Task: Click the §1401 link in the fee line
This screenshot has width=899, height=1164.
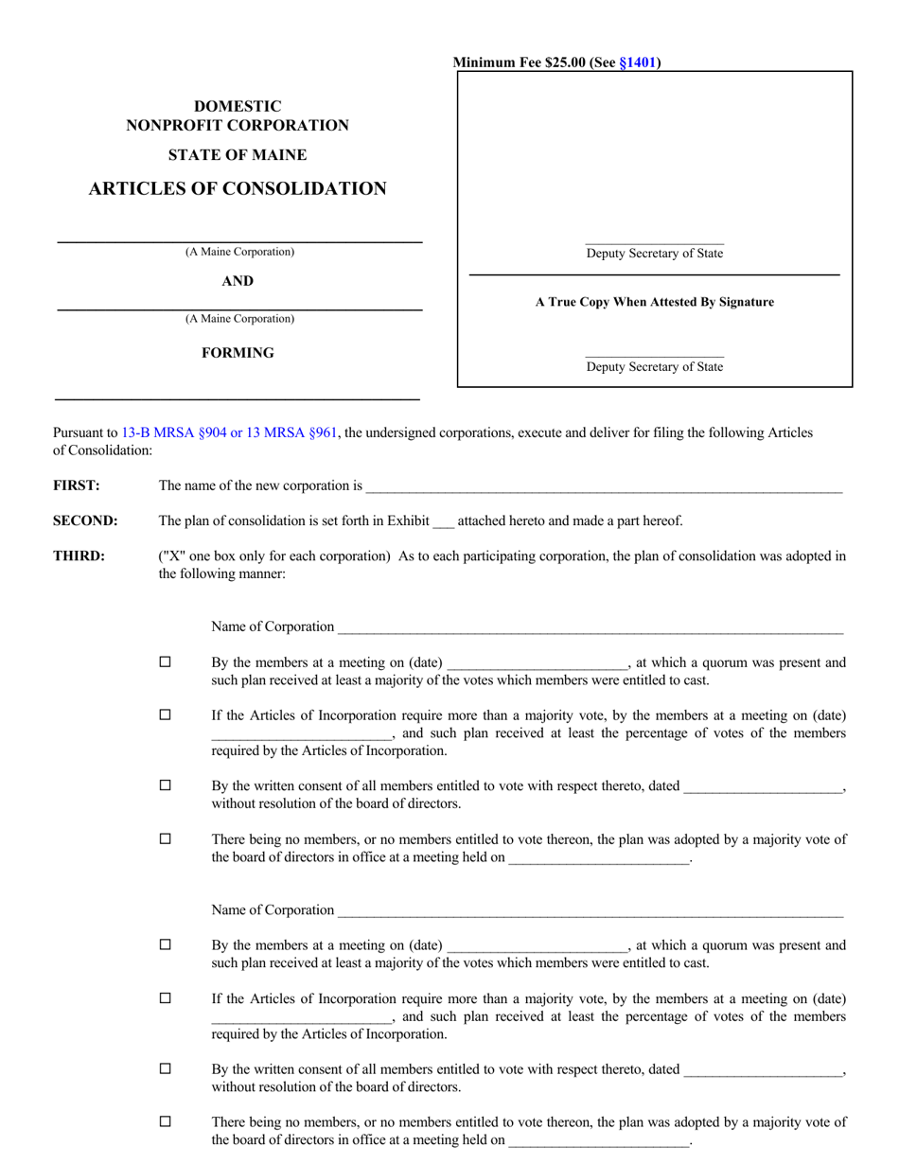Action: tap(638, 63)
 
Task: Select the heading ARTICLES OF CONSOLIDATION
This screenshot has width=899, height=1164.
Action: tap(238, 188)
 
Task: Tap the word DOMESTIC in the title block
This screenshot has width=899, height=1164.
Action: tap(238, 106)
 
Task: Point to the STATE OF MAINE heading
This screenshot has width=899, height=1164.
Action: tap(238, 154)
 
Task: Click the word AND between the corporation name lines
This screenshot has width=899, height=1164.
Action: tap(238, 281)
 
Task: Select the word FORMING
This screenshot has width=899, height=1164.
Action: tap(238, 353)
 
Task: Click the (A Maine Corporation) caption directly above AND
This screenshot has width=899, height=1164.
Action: tap(239, 252)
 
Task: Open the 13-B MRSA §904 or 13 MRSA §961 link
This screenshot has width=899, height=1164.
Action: tap(229, 432)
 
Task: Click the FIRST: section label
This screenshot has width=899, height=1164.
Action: tap(77, 485)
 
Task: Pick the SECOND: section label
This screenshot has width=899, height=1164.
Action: tap(85, 520)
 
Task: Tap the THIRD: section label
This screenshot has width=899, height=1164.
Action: tap(79, 556)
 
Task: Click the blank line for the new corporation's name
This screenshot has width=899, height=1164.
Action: tap(603, 487)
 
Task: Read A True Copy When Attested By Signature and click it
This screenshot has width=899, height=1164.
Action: tap(654, 302)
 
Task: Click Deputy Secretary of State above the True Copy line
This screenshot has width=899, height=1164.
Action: tap(654, 254)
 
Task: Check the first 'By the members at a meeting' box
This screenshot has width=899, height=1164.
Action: tap(166, 662)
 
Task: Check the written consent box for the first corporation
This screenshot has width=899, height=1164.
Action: tap(166, 785)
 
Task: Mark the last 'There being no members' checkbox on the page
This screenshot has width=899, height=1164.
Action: tap(166, 1121)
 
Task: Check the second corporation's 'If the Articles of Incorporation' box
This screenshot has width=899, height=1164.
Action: tap(166, 998)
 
